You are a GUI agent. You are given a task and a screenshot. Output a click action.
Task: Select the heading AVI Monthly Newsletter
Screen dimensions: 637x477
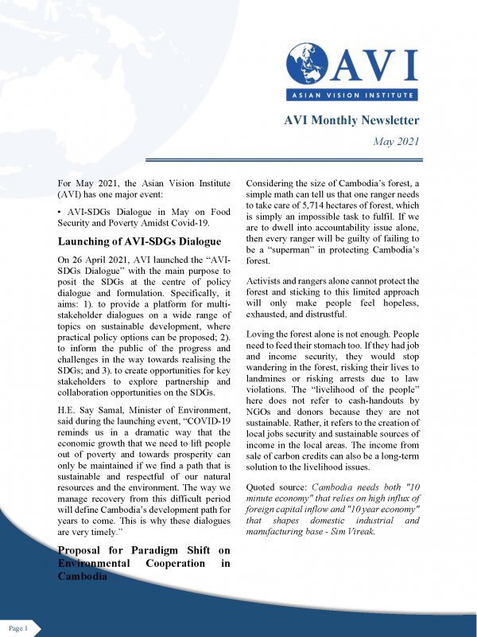point(351,121)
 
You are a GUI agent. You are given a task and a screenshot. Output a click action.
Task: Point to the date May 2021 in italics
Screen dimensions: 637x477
point(396,142)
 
